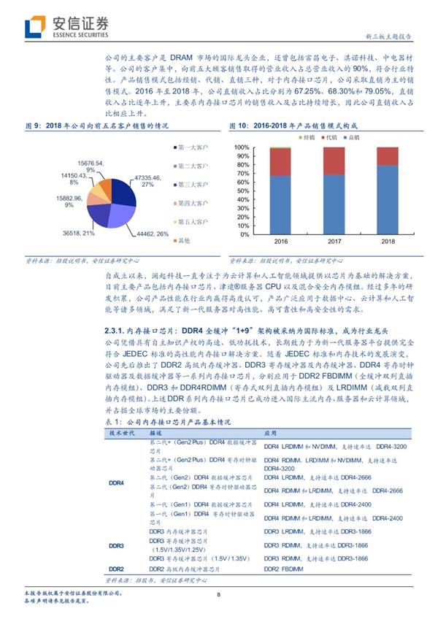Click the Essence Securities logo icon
pyautogui.click(x=34, y=27)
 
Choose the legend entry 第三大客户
pyautogui.click(x=192, y=184)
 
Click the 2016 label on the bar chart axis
pyautogui.click(x=281, y=240)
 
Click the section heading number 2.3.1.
pyautogui.click(x=118, y=331)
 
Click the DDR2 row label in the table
pyautogui.click(x=115, y=567)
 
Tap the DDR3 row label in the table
pyautogui.click(x=115, y=545)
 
